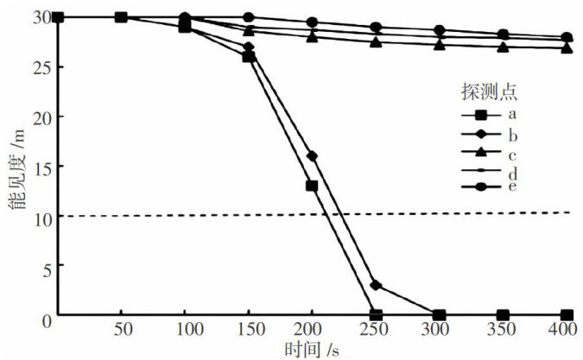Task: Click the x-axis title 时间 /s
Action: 314,350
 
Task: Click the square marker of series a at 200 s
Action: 312,186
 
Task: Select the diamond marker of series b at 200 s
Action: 312,156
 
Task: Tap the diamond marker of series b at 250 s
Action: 376,285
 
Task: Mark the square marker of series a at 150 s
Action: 248,56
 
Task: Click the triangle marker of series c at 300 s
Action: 440,44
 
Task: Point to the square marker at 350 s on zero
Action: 503,315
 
